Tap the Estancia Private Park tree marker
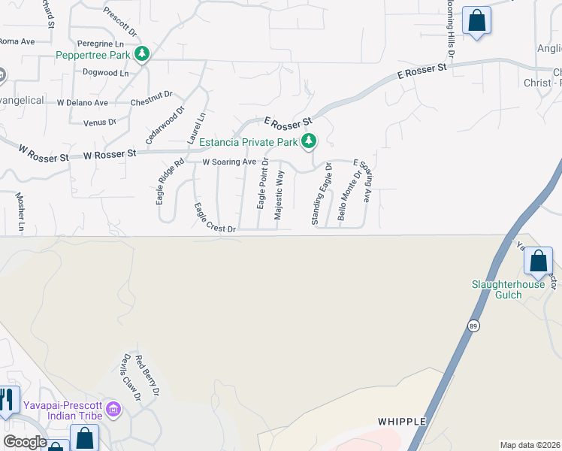[308, 141]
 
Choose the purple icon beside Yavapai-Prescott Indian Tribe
[113, 409]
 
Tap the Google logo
[25, 442]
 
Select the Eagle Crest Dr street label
[215, 218]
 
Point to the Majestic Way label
[279, 195]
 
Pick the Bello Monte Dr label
[345, 195]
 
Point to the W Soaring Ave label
[230, 162]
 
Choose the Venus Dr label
[100, 122]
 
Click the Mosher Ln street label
[20, 211]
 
